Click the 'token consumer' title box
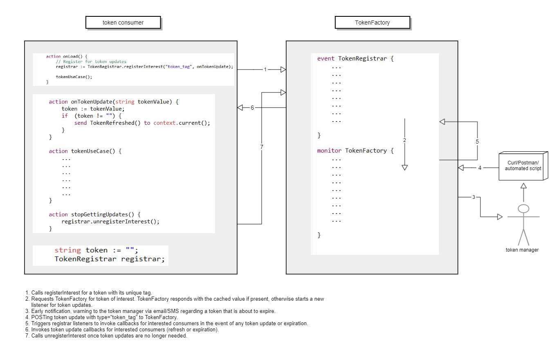pos(123,22)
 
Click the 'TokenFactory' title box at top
pos(372,22)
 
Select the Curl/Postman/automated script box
pos(523,166)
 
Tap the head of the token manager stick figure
pos(523,209)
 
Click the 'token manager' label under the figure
pos(522,250)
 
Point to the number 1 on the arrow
pos(265,70)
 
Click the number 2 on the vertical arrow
pos(404,140)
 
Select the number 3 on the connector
pos(474,197)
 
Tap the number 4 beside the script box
pos(480,167)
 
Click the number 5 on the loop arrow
pos(477,142)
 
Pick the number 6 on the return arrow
pos(252,108)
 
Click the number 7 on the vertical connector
pos(262,146)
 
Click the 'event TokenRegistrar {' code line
pos(355,59)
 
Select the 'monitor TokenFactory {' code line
pos(355,151)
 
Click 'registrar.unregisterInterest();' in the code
pos(110,221)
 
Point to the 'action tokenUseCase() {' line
pos(85,151)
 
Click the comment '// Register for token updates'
pos(91,61)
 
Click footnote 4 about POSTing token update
pos(104,317)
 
